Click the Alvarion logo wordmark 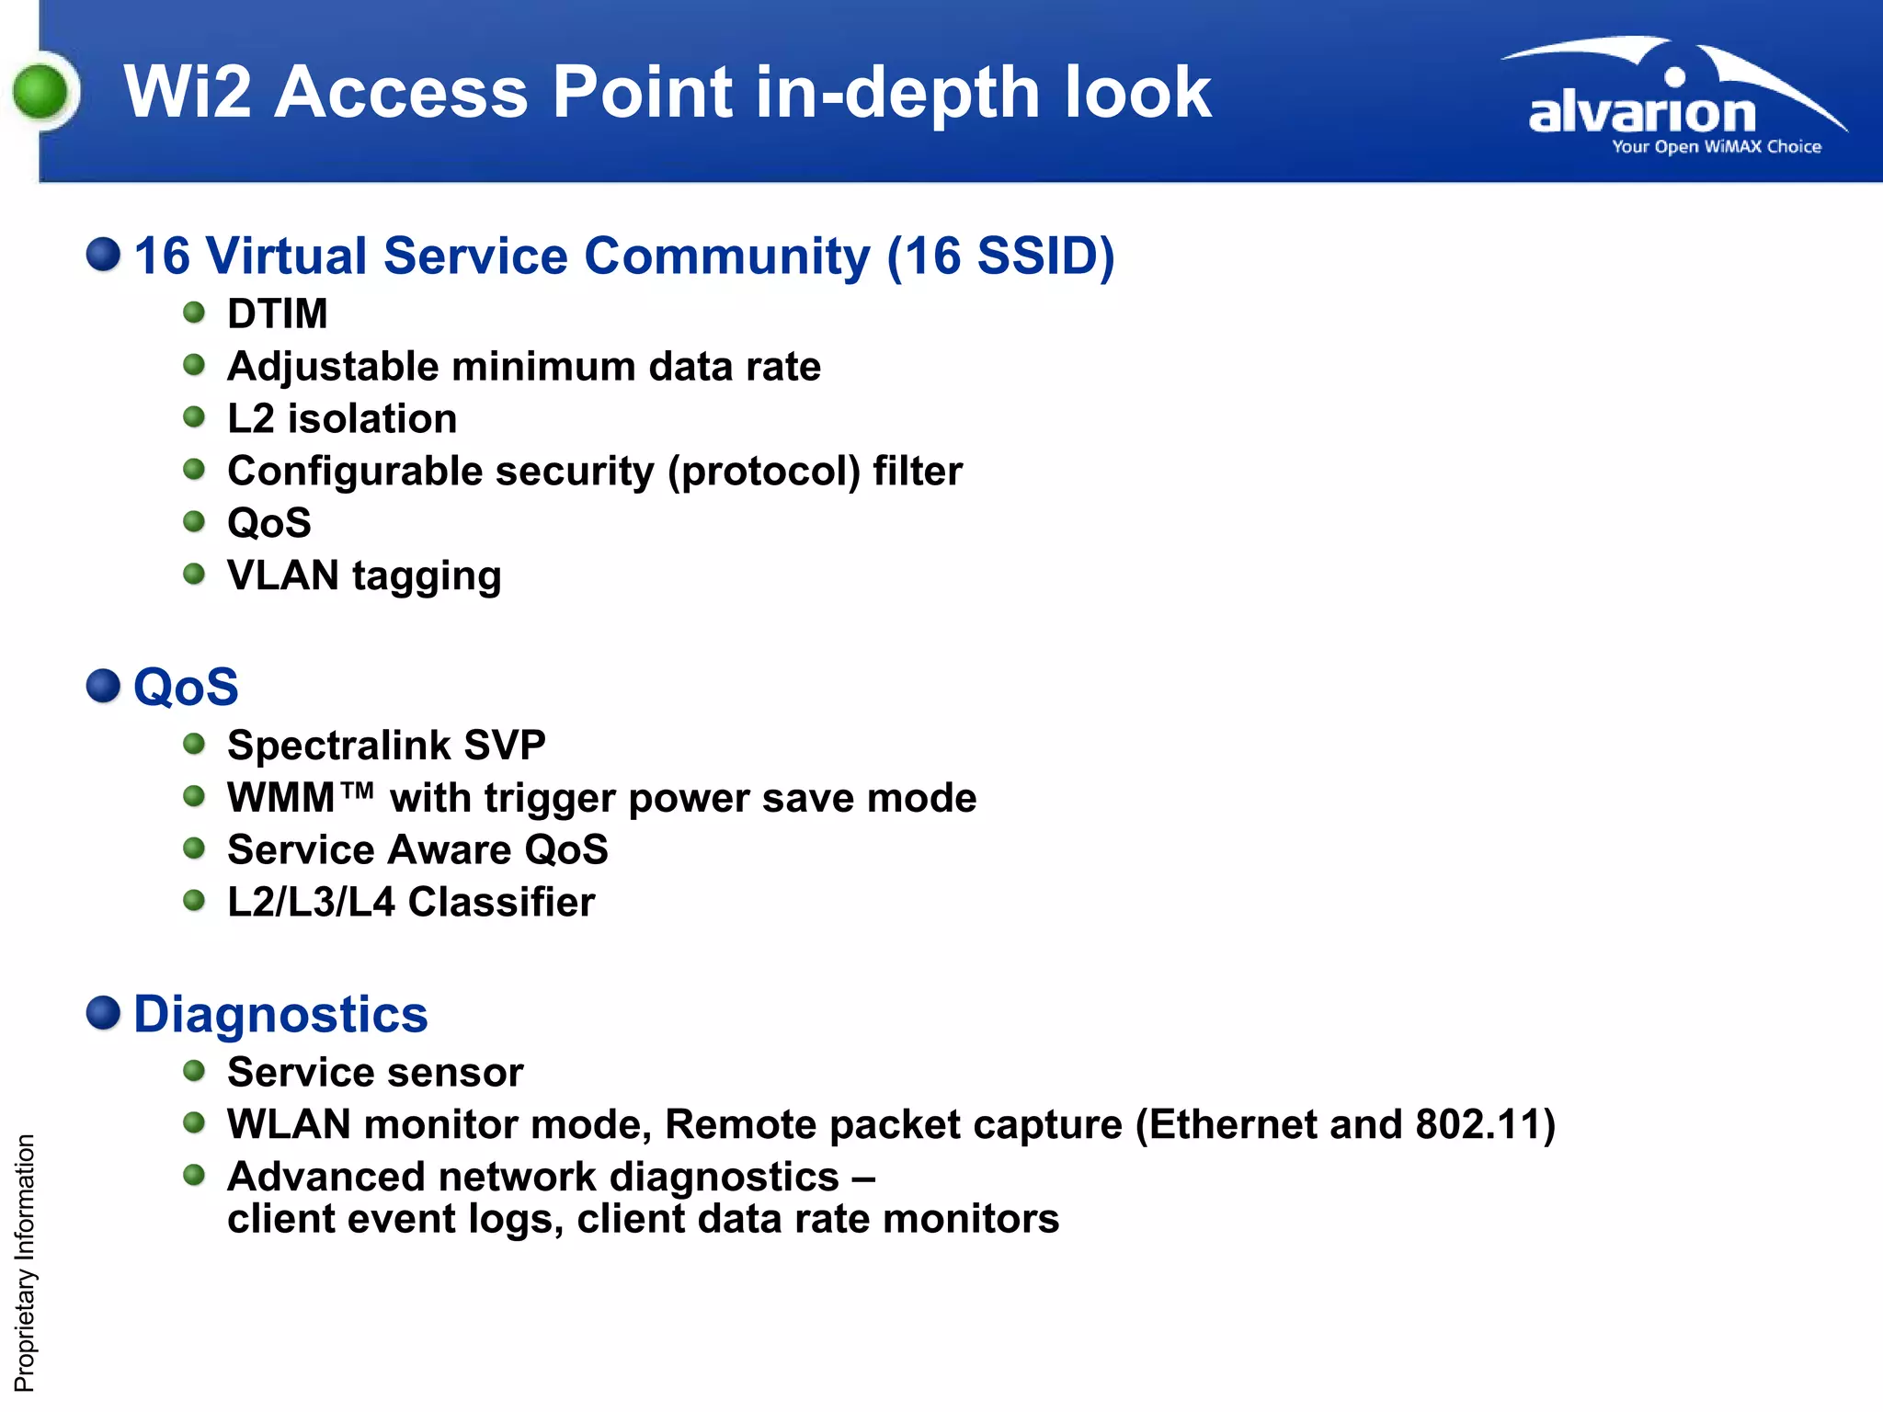[1642, 114]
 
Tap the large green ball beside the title [41, 93]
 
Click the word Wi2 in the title [188, 93]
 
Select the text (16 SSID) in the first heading [1000, 256]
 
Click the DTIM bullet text [277, 314]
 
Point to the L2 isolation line [341, 419]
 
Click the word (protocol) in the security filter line [764, 472]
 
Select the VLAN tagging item [364, 576]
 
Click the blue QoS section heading [186, 688]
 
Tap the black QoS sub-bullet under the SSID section [268, 524]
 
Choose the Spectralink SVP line [386, 746]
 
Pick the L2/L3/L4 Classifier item [411, 903]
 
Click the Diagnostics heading [280, 1015]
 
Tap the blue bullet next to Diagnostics [103, 1013]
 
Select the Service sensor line [375, 1073]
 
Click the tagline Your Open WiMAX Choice [1716, 147]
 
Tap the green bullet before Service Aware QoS [194, 848]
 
